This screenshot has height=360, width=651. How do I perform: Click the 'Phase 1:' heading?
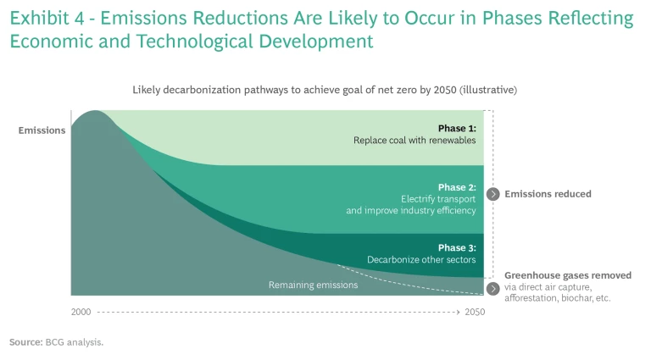click(457, 129)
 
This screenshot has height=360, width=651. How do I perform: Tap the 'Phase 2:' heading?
click(457, 187)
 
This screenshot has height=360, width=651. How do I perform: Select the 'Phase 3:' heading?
click(457, 247)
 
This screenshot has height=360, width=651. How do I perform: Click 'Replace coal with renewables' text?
click(415, 141)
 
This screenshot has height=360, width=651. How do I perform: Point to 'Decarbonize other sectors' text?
click(421, 259)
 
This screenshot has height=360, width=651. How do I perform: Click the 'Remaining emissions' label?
click(313, 285)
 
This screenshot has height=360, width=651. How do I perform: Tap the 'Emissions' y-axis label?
click(42, 130)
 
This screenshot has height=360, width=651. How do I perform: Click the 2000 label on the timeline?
click(81, 313)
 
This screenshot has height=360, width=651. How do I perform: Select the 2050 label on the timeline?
click(475, 313)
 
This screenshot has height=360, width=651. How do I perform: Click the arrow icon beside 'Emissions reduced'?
click(492, 194)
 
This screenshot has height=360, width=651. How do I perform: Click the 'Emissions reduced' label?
click(548, 194)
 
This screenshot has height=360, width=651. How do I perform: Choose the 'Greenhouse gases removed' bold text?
click(567, 275)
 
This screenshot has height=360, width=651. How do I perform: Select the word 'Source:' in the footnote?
click(25, 342)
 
